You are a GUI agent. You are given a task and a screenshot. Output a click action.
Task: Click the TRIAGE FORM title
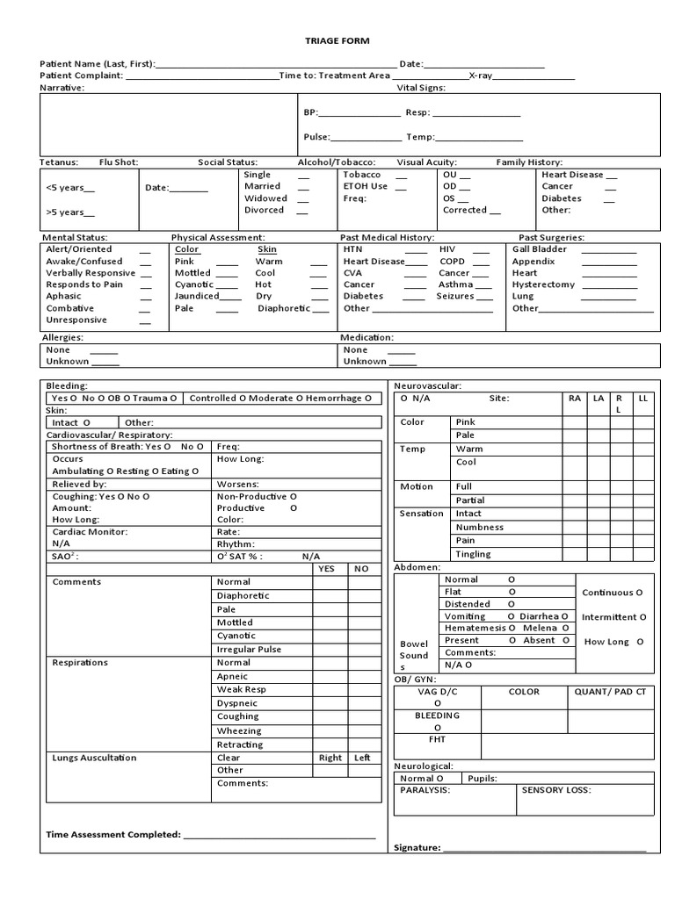[x=337, y=40]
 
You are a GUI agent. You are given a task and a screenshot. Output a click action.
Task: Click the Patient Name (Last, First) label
[x=97, y=64]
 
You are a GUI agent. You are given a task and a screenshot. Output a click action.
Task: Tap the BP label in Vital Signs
[x=310, y=113]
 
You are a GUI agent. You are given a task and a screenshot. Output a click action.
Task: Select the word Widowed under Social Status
[x=265, y=198]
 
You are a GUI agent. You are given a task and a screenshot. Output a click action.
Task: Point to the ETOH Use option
[x=365, y=186]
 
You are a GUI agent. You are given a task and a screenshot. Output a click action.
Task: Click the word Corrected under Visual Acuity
[x=465, y=211]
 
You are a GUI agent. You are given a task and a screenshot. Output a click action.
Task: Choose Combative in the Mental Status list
[x=70, y=308]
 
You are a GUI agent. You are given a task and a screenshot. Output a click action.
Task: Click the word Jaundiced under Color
[x=197, y=297]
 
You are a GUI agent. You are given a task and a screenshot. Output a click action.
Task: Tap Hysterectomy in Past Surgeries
[x=543, y=284]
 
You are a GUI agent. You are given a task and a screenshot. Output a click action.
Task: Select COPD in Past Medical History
[x=452, y=262]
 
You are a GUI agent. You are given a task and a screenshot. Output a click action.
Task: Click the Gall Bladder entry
[x=540, y=249]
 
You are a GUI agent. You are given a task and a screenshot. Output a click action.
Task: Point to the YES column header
[x=327, y=569]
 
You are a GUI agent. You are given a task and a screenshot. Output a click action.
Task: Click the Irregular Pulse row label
[x=249, y=649]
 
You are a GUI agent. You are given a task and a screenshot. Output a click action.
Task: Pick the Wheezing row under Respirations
[x=239, y=730]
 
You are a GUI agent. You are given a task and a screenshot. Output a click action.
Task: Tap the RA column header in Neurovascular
[x=575, y=399]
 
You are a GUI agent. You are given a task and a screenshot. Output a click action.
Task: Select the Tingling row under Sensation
[x=474, y=555]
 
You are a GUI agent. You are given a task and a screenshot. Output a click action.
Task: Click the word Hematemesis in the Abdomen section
[x=475, y=629]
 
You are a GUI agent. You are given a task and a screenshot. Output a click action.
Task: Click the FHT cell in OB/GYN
[x=437, y=739]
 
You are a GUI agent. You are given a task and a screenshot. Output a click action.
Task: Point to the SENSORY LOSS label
[x=556, y=790]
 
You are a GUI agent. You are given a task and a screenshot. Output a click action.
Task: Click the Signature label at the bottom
[x=417, y=847]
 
